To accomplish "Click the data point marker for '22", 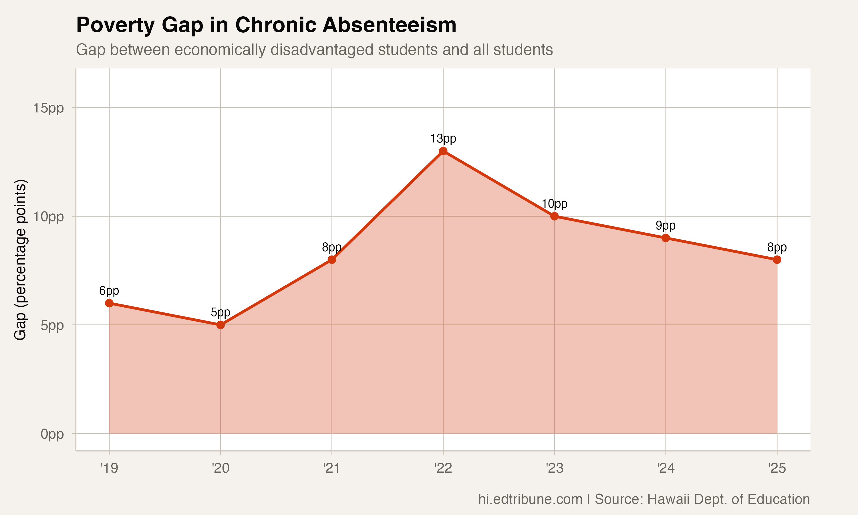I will coord(443,151).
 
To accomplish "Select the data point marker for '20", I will coord(221,325).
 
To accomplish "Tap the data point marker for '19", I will coord(109,303).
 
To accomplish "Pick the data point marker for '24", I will coord(666,238).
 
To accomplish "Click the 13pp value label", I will coord(443,138).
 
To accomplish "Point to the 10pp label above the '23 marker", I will coord(554,204).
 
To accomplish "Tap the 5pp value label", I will coord(221,312).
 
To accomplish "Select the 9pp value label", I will coord(666,225).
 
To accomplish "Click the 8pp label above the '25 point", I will coord(777,247).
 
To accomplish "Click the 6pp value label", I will coord(109,290).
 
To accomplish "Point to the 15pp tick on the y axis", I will coord(49,108).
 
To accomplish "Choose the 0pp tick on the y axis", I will coord(52,434).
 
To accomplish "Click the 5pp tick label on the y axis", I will coord(52,326).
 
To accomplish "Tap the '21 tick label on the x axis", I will coord(331,468).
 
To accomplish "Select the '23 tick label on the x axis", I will coord(554,468).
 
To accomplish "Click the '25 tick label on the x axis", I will coord(777,468).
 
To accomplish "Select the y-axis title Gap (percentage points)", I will coord(20,260).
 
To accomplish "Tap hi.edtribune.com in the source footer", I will coord(530,499).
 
